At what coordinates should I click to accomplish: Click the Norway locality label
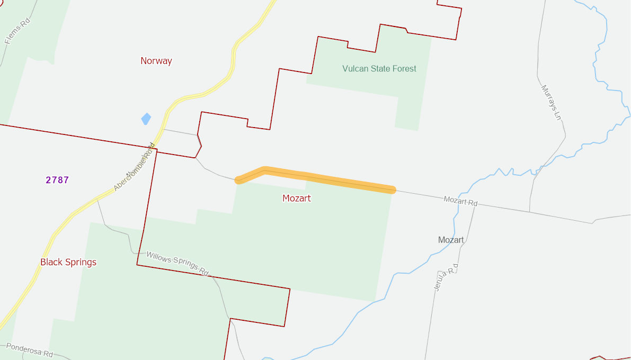click(156, 61)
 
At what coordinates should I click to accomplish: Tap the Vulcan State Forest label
click(379, 68)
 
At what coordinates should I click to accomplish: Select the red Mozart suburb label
click(297, 199)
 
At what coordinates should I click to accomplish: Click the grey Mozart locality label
click(451, 240)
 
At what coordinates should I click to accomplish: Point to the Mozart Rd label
click(460, 201)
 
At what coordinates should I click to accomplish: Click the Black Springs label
click(68, 262)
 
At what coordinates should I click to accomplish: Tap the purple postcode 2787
click(57, 180)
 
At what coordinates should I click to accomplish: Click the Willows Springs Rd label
click(177, 263)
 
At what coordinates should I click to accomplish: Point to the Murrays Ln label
click(550, 102)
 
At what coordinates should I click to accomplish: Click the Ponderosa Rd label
click(30, 350)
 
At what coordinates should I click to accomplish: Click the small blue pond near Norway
click(146, 119)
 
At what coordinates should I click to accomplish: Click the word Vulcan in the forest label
click(355, 68)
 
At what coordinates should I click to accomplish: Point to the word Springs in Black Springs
click(82, 263)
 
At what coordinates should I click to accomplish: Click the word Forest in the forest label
click(404, 68)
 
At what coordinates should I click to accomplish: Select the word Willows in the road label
click(159, 258)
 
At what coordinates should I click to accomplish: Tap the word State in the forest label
click(379, 68)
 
